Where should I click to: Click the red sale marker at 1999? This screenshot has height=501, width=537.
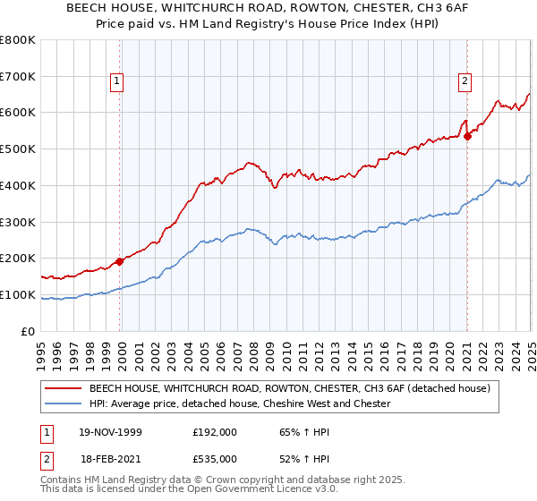(120, 261)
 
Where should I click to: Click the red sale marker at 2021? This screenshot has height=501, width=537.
(467, 136)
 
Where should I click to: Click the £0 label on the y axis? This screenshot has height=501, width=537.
(29, 331)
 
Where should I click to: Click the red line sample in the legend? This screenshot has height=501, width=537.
(63, 389)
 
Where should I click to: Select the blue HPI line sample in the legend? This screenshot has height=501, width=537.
(63, 404)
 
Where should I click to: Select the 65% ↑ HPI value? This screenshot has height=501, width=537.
(302, 431)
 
